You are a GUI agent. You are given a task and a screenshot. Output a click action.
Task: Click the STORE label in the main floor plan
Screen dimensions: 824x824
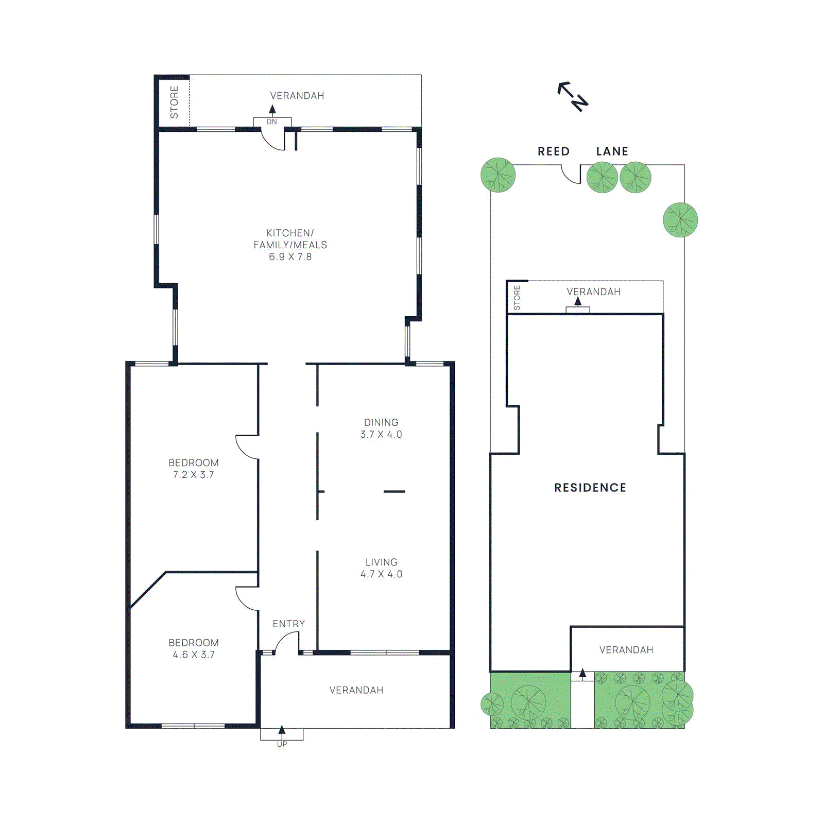(174, 102)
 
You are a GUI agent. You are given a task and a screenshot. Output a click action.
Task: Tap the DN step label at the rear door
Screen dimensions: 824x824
(271, 122)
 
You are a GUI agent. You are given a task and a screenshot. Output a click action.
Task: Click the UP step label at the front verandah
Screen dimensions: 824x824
(282, 744)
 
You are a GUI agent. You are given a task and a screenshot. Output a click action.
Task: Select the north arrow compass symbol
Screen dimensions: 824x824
(573, 96)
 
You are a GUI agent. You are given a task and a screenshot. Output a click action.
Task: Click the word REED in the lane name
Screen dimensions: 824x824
(554, 151)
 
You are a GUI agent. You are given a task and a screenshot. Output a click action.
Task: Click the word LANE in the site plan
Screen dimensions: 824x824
(612, 151)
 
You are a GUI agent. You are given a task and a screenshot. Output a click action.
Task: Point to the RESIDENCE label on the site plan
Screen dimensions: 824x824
(590, 488)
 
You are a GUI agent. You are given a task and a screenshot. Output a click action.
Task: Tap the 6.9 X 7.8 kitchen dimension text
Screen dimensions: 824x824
(290, 256)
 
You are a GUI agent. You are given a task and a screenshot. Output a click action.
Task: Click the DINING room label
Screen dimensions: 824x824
(381, 422)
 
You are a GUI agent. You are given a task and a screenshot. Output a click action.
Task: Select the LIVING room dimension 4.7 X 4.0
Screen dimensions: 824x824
(381, 574)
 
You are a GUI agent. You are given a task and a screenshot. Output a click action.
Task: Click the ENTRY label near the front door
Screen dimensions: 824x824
(288, 624)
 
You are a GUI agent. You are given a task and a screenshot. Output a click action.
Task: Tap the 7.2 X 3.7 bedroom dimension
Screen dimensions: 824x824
(193, 475)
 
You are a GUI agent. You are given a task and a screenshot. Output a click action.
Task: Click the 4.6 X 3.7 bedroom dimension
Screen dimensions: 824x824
(193, 655)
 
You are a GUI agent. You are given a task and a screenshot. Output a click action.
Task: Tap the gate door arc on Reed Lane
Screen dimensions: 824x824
(571, 175)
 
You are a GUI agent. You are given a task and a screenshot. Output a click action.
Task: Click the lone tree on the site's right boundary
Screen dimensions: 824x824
(680, 220)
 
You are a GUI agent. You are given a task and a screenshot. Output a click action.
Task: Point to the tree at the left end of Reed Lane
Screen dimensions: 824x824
(498, 175)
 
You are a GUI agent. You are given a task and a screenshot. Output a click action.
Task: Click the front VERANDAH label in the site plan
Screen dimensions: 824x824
(626, 650)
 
